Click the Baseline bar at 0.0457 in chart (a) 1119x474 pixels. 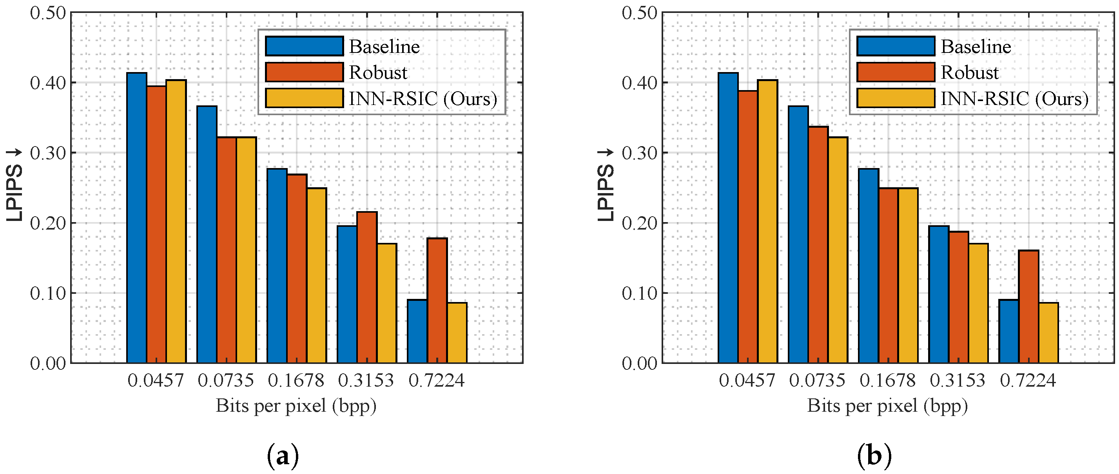(136, 217)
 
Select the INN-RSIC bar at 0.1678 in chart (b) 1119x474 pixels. (908, 275)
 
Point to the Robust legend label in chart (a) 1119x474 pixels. (378, 72)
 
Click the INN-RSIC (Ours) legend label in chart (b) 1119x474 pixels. (1014, 99)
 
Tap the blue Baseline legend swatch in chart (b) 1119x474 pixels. (895, 46)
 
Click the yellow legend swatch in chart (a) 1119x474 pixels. (304, 98)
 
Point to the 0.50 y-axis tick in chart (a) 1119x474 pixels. (48, 13)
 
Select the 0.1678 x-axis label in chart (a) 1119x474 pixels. (296, 381)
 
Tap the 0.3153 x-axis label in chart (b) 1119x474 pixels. (958, 381)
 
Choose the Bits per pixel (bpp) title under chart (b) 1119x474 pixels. (887, 406)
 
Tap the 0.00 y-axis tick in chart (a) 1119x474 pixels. (48, 363)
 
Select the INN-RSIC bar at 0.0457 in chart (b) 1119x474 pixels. (767, 221)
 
